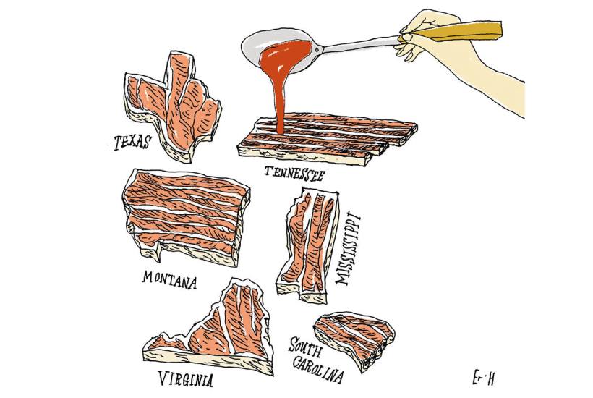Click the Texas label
coord(132,142)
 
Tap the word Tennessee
coord(294,173)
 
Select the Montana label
coord(170,279)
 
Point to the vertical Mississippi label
coord(348,250)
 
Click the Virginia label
coord(185,378)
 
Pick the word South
coord(306,347)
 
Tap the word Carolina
coord(318,368)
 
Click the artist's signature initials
coord(484,378)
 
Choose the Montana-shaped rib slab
coord(186,218)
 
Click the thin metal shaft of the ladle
coord(361,43)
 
